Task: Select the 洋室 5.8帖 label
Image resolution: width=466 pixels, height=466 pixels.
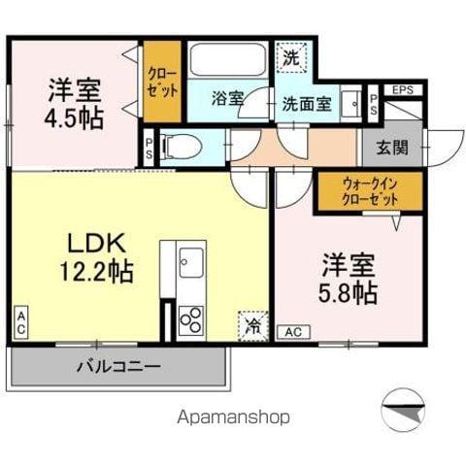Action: click(x=349, y=279)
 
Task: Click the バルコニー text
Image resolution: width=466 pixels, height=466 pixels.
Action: click(x=118, y=367)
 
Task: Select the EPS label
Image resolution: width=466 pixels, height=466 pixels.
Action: click(x=404, y=91)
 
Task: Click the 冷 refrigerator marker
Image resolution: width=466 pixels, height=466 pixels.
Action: click(x=251, y=325)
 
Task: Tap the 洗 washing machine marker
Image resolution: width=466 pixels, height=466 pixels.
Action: click(x=291, y=58)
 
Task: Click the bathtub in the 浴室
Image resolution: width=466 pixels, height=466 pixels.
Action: click(x=229, y=60)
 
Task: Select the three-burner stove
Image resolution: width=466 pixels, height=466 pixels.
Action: click(x=190, y=320)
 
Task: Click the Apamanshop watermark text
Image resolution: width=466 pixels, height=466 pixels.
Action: click(x=232, y=417)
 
